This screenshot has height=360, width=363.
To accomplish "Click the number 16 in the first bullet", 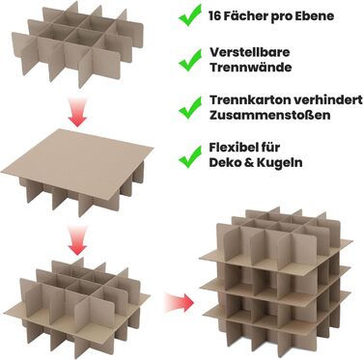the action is [x=215, y=15].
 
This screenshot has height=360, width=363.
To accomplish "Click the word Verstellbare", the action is [x=250, y=52].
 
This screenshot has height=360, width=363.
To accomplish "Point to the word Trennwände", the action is [x=251, y=68].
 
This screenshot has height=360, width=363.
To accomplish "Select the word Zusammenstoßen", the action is [x=269, y=115].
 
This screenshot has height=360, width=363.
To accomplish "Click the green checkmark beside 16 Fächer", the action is [x=190, y=14].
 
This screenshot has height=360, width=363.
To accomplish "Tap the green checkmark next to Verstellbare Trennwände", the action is [x=190, y=60].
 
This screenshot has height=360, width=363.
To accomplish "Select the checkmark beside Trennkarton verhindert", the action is [x=190, y=107].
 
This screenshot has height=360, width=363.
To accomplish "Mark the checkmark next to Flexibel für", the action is [x=190, y=156].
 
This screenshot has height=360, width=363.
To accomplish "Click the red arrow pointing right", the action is [x=179, y=302].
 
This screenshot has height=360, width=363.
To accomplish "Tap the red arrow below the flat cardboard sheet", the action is [x=77, y=240].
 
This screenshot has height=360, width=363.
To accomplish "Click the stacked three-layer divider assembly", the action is [x=276, y=282].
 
